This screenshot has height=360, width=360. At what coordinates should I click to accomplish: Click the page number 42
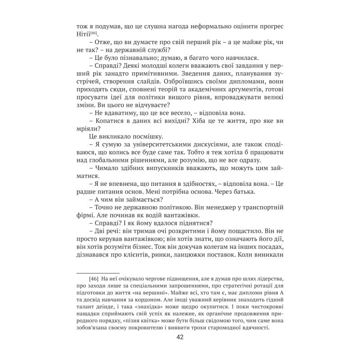(180, 339)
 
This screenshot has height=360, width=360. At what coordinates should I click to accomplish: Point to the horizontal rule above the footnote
(98, 272)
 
